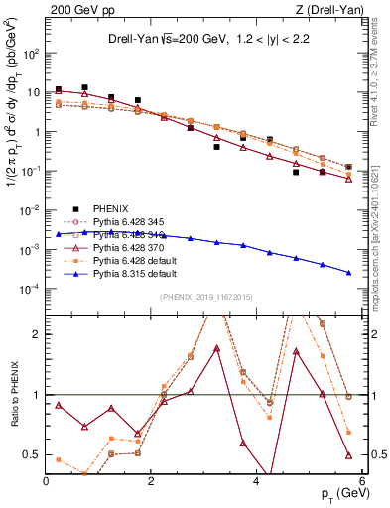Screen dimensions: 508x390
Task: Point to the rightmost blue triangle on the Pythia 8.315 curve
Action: coord(348,273)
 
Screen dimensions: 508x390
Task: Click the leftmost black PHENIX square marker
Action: coord(59,89)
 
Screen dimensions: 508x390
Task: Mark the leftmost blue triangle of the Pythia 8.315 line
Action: coord(59,233)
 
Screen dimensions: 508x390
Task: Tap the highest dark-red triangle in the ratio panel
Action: coord(216,348)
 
